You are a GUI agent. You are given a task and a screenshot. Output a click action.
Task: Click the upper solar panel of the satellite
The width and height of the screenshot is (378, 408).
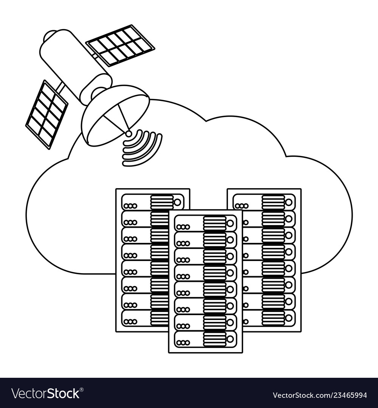(x=120, y=45)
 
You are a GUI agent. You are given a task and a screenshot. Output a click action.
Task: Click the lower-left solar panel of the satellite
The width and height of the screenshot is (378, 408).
(x=46, y=114)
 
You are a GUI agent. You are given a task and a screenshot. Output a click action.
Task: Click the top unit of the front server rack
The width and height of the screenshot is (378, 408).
(x=205, y=223)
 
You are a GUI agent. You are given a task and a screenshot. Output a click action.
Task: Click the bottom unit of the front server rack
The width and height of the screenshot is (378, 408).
(x=205, y=339)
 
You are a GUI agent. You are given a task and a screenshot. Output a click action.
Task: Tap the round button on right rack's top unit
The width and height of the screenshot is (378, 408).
(x=289, y=202)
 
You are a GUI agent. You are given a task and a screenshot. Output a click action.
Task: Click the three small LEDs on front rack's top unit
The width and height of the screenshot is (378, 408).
(x=183, y=227)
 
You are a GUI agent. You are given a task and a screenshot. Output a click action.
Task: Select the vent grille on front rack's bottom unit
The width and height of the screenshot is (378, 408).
(x=214, y=339)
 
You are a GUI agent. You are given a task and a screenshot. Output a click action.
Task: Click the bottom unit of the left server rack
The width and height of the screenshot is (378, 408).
(x=144, y=318)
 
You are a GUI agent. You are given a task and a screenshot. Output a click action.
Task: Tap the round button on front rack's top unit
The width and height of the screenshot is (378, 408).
(x=230, y=223)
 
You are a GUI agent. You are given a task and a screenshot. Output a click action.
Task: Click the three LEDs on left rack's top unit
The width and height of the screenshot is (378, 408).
(x=130, y=206)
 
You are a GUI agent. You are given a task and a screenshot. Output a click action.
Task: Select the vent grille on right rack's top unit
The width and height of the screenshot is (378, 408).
(x=273, y=202)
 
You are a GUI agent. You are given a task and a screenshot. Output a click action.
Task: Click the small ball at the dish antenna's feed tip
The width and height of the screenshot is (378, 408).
(x=129, y=133)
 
